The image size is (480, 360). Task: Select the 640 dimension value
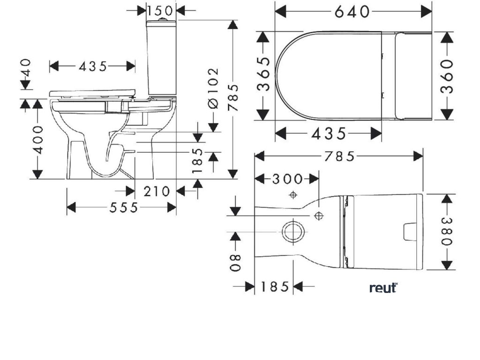tap(352, 11)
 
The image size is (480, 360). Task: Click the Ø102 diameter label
tap(213, 88)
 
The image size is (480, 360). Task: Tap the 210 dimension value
tap(157, 191)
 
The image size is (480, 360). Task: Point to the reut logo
tap(383, 287)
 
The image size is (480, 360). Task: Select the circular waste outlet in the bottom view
tap(293, 231)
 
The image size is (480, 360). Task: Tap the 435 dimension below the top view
tap(328, 134)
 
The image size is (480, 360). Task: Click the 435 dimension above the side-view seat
tap(93, 67)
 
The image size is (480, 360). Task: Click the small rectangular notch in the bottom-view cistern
tap(411, 231)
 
